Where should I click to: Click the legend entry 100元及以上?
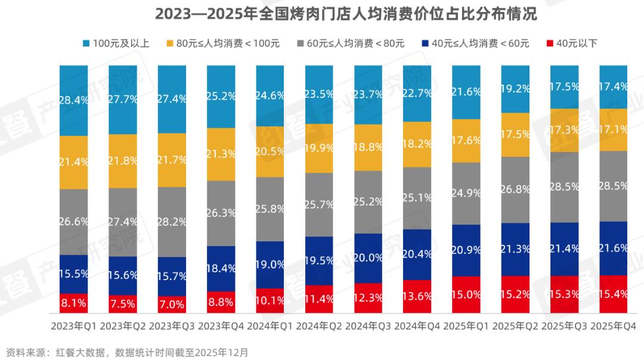[x=116, y=43]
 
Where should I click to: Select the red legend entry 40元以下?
[x=571, y=43]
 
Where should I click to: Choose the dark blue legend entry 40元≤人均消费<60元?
[x=474, y=43]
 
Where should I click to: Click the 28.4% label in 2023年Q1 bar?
[x=74, y=100]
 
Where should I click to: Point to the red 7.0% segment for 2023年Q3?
[x=172, y=305]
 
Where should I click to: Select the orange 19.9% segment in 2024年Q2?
[x=320, y=147]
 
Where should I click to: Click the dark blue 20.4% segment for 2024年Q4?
[x=417, y=255]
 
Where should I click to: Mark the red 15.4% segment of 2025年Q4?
[x=614, y=294]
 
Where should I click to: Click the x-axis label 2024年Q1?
[x=270, y=326]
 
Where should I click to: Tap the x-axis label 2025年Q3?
[x=565, y=326]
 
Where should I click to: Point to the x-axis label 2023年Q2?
[x=123, y=326]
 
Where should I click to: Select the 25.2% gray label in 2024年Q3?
[x=369, y=201]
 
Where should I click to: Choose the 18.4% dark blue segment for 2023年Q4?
[x=221, y=269]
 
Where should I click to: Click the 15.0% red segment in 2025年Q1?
[x=466, y=294]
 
